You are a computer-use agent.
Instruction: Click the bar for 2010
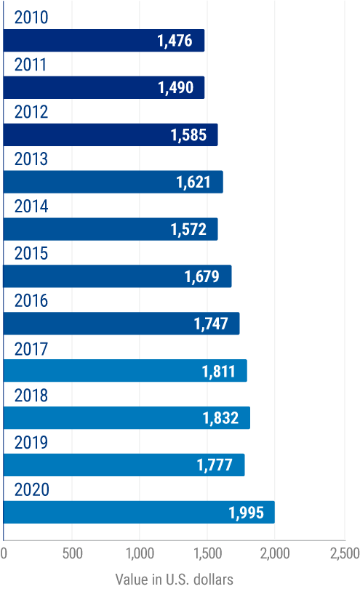pos(104,41)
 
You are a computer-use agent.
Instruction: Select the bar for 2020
pos(139,512)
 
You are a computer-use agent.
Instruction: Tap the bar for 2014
pos(111,230)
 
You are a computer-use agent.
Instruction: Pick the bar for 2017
pos(125,371)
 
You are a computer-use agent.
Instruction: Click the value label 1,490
pos(175,88)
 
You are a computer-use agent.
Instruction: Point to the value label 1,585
pos(189,135)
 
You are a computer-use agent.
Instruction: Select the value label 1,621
pos(193,183)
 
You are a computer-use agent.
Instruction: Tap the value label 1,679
pos(202,277)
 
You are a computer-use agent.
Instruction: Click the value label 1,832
pos(220,418)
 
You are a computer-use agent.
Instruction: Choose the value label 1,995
pos(246,513)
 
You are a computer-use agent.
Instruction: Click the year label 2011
pos(31,65)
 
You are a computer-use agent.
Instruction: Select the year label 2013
pos(31,159)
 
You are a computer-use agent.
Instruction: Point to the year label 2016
pos(31,301)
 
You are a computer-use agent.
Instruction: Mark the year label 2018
pos(31,396)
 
